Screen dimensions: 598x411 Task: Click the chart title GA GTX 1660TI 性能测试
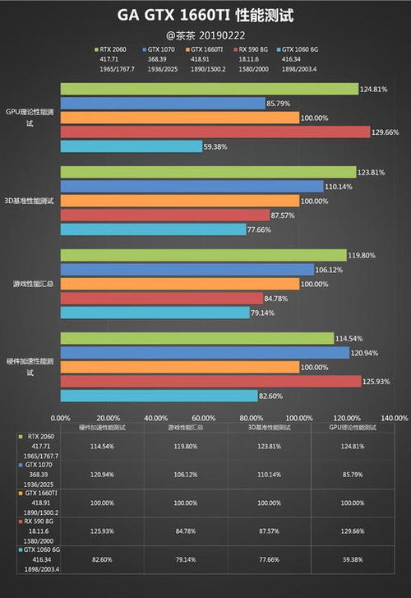(205, 15)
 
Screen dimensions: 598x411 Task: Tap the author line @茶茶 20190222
(205, 35)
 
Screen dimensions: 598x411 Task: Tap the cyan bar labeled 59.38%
(131, 146)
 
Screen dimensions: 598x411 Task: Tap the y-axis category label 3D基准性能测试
(29, 201)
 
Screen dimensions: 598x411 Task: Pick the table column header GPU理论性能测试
(353, 429)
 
